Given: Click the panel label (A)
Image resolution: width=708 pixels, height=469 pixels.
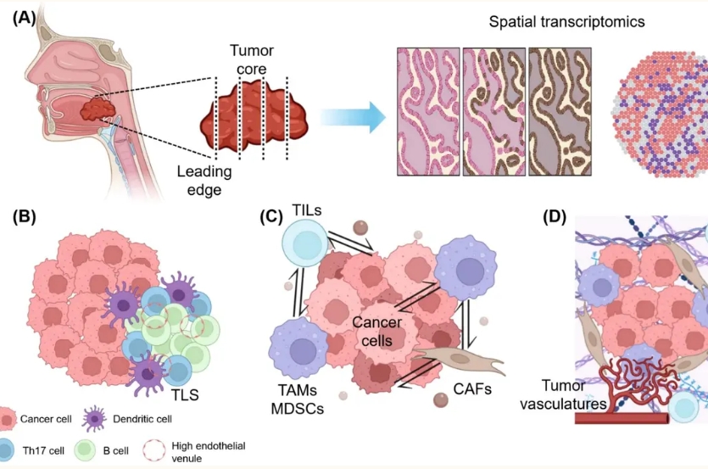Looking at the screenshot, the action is point(25,19).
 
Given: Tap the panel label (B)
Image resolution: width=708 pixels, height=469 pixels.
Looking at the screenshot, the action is point(25,217).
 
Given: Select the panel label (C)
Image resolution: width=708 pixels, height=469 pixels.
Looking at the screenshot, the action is point(271,217).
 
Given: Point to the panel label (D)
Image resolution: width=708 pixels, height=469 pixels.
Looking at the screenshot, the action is point(555,217).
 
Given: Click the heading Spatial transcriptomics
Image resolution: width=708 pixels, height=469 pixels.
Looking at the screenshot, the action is point(566,22).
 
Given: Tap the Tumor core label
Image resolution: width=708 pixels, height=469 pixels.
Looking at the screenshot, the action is point(252,59).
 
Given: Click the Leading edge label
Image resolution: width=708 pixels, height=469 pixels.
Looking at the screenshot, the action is point(204,181).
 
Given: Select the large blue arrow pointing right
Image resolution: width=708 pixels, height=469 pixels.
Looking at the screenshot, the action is point(353,118).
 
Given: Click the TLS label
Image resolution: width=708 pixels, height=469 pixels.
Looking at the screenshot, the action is point(185,395).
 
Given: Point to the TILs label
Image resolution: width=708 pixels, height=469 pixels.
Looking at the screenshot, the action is point(307,210).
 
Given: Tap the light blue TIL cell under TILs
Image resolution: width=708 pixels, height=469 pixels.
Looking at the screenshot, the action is point(304,243).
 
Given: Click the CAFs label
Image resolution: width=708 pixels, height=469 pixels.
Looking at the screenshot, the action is point(472,389).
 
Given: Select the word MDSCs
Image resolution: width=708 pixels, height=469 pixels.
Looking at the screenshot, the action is point(298,409).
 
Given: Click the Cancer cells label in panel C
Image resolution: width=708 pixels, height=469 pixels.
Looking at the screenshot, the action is point(377,332).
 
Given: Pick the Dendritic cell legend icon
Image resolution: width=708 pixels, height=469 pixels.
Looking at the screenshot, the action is point(94,419).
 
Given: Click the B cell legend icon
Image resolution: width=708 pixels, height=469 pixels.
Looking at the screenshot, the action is point(85,450).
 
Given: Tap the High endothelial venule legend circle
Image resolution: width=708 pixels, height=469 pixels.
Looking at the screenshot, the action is point(154,450).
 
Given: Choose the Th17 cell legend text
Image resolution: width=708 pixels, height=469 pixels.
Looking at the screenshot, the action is point(43,451).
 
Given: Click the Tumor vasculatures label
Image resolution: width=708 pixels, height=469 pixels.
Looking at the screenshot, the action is point(563,394).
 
